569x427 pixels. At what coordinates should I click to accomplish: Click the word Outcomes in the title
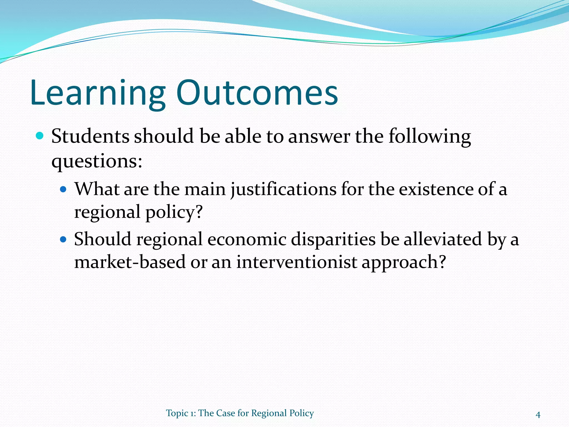257,93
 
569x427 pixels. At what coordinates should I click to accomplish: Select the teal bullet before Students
40,136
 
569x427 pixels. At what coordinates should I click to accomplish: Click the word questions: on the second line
97,161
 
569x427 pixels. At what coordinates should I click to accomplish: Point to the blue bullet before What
64,190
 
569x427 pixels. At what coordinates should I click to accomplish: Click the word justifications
283,190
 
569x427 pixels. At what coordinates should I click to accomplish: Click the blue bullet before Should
64,239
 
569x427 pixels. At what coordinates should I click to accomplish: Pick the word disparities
333,240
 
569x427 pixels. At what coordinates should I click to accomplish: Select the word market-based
130,262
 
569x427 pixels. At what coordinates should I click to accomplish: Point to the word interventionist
296,262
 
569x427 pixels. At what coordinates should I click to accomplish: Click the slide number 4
538,415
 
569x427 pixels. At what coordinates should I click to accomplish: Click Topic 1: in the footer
181,413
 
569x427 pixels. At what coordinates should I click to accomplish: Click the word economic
247,240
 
